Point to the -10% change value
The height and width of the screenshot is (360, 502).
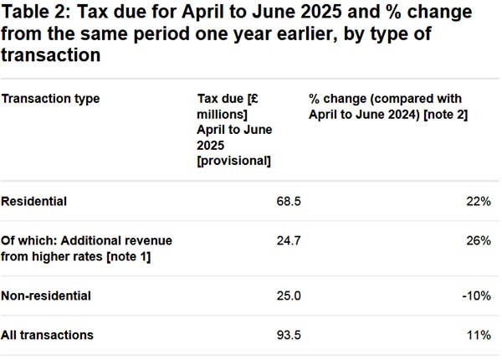coord(475,296)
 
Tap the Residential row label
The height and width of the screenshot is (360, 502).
coord(34,202)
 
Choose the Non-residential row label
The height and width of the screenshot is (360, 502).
coord(46,296)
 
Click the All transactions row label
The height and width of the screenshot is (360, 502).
coord(48,335)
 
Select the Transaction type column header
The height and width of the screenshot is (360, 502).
coord(50,99)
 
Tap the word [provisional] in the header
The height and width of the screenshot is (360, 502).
coord(233,161)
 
